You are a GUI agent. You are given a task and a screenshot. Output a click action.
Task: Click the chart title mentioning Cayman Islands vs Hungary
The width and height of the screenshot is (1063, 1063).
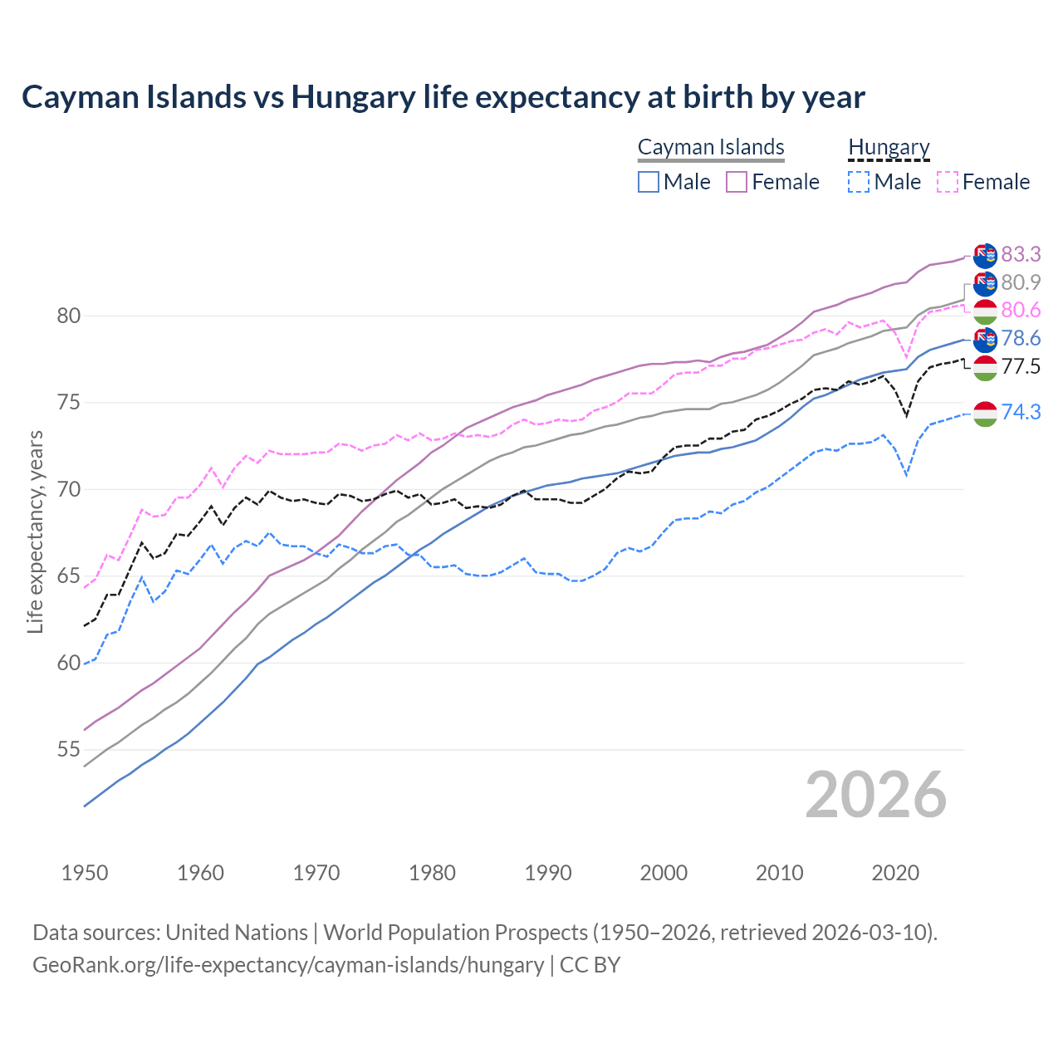click(x=443, y=97)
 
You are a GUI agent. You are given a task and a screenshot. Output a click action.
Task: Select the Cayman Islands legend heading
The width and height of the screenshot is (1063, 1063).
click(x=711, y=147)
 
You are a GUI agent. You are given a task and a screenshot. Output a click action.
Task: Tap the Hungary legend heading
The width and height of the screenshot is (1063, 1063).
click(x=889, y=147)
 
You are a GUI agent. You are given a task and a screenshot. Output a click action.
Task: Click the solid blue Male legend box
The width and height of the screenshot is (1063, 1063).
click(x=649, y=182)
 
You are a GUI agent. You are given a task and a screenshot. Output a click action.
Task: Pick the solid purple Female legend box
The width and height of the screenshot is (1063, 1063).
click(x=737, y=182)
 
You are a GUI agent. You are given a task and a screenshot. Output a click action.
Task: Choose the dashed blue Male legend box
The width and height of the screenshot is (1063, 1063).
click(x=860, y=182)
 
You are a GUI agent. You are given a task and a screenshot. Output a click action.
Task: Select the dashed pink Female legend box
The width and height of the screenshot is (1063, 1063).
click(x=948, y=182)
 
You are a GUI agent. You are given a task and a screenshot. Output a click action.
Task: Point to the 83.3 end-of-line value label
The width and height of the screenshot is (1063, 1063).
click(x=1021, y=254)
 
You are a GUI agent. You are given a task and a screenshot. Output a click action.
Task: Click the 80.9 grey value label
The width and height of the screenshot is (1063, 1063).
click(x=1021, y=282)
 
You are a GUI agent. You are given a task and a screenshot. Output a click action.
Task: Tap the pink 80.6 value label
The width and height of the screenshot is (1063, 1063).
click(x=1021, y=310)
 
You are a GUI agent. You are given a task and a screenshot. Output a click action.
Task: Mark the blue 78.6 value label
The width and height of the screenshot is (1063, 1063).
click(x=1021, y=338)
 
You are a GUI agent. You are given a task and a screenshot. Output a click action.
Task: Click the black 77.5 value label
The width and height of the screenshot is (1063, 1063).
click(x=1021, y=366)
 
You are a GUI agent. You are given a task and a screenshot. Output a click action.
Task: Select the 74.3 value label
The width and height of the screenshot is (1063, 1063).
click(x=1021, y=411)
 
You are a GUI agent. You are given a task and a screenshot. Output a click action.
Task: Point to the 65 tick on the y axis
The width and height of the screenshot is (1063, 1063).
click(x=69, y=576)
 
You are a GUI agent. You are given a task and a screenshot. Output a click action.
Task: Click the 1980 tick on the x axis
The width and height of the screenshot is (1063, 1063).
click(x=432, y=873)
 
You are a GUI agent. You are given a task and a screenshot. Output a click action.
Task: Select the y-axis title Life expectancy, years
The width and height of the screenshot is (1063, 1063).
click(x=35, y=531)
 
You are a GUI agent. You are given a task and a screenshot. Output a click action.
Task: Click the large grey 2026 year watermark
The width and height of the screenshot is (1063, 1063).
click(x=875, y=795)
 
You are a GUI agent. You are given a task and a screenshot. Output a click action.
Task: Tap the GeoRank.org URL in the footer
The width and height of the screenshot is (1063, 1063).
click(x=288, y=965)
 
